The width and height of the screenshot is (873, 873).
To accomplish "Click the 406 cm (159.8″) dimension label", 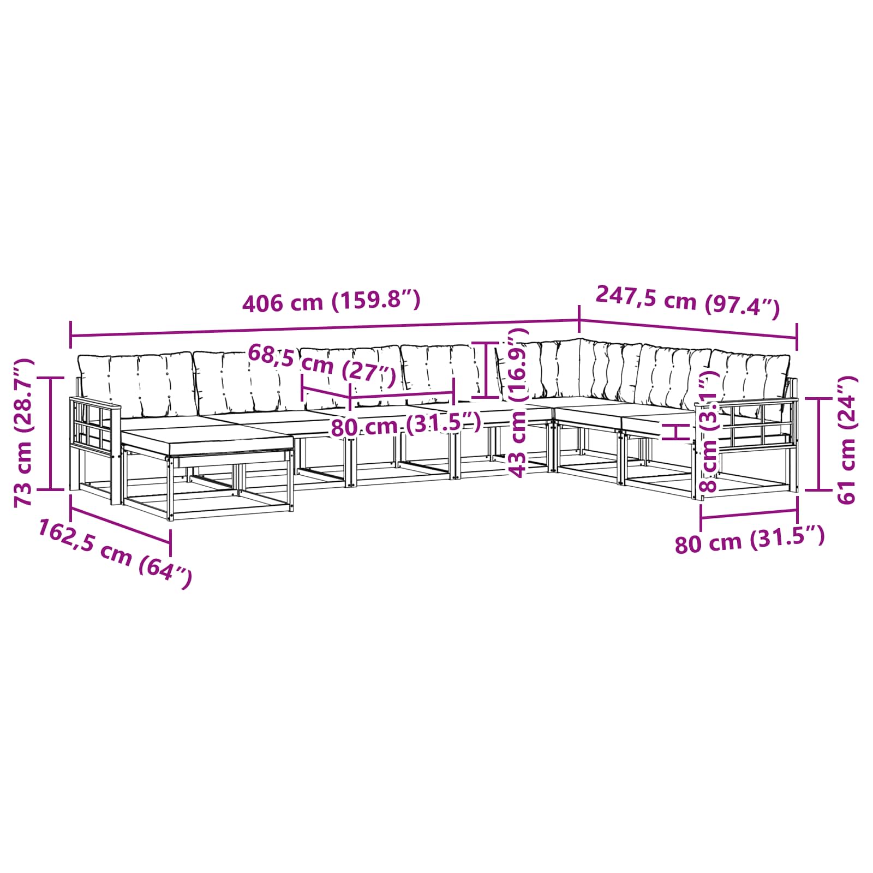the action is tap(331, 301).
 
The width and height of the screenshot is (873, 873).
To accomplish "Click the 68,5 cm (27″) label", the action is tap(322, 364).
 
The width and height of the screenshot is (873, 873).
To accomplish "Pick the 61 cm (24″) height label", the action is tap(846, 439).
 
